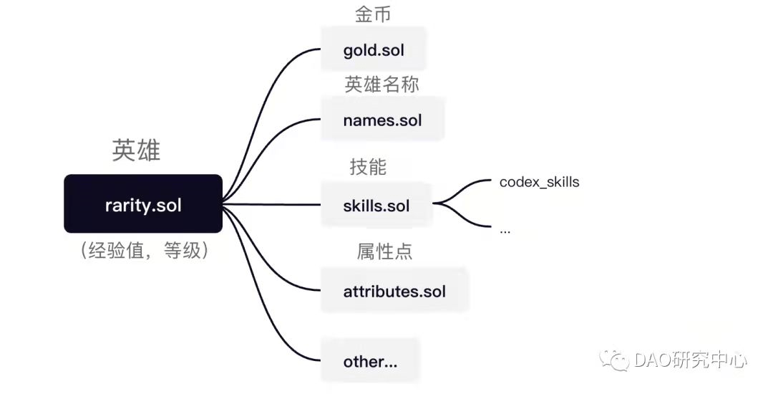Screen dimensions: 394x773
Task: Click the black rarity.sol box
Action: click(142, 204)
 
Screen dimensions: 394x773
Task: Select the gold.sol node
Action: click(373, 51)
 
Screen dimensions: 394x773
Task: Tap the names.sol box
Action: click(382, 120)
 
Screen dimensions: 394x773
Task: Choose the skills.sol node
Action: click(376, 206)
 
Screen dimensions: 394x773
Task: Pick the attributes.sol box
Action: click(394, 291)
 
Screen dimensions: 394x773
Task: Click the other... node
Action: click(370, 361)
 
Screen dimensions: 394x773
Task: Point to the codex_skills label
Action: click(539, 182)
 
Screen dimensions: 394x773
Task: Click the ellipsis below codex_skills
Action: click(505, 231)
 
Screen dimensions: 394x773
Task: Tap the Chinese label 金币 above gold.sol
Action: click(373, 14)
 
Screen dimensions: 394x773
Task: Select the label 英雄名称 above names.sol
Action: click(381, 85)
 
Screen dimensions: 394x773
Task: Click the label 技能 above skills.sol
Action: click(368, 168)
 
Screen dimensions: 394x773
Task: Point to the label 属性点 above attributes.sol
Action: click(385, 251)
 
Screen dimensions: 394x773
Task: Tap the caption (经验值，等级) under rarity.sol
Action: click(144, 251)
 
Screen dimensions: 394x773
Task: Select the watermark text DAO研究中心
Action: click(690, 360)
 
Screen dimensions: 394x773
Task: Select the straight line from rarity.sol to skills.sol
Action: click(272, 205)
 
